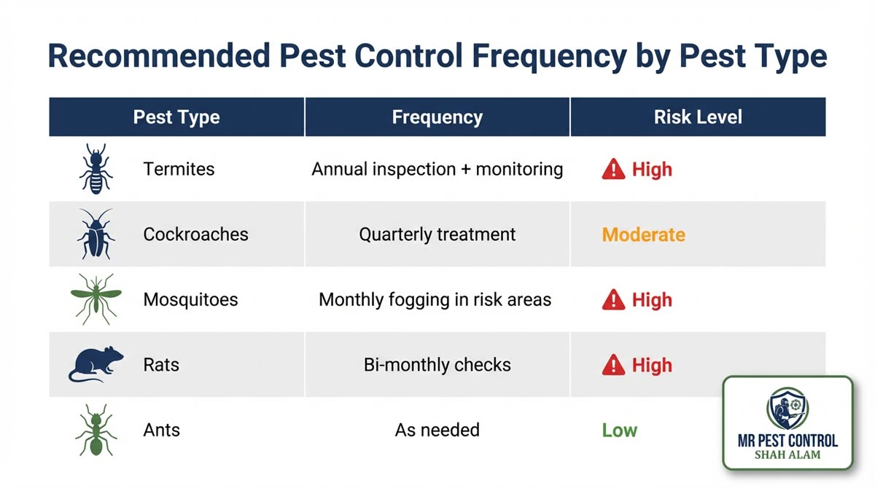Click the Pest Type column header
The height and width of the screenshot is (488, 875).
pyautogui.click(x=176, y=117)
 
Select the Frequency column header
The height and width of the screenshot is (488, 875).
pyautogui.click(x=437, y=117)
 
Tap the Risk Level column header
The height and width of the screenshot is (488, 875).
pyautogui.click(x=698, y=117)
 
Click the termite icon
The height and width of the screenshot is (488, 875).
pyautogui.click(x=96, y=169)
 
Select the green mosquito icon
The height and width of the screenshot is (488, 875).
pyautogui.click(x=96, y=299)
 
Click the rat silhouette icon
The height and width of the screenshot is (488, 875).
pyautogui.click(x=96, y=364)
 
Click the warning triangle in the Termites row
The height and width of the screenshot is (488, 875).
pyautogui.click(x=613, y=170)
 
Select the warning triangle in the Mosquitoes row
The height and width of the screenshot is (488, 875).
pyautogui.click(x=613, y=299)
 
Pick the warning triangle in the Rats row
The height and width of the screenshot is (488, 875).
pyautogui.click(x=613, y=365)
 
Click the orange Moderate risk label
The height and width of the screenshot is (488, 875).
pyautogui.click(x=643, y=235)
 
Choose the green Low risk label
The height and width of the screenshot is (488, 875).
pyautogui.click(x=619, y=430)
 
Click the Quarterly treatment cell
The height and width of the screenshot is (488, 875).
pyautogui.click(x=437, y=235)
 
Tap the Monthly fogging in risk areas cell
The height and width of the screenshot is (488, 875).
pyautogui.click(x=435, y=299)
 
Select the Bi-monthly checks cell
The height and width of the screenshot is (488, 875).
pyautogui.click(x=437, y=365)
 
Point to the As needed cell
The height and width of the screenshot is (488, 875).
pyautogui.click(x=437, y=430)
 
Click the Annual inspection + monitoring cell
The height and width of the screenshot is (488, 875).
pyautogui.click(x=437, y=170)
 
